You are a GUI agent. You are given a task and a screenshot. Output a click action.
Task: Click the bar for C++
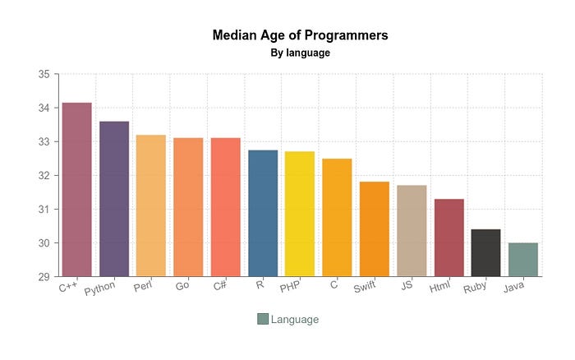click(x=76, y=190)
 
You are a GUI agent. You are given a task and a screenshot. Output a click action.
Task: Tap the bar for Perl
click(x=151, y=205)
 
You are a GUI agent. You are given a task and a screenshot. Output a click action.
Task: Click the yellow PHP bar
click(x=300, y=214)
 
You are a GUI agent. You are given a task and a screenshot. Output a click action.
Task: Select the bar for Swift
click(x=375, y=229)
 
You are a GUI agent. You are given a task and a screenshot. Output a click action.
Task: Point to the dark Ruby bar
click(x=486, y=253)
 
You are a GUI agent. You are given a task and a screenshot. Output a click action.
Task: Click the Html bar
click(x=449, y=238)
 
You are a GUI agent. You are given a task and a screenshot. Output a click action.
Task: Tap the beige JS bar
click(x=412, y=231)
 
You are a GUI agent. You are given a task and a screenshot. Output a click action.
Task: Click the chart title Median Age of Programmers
click(x=300, y=35)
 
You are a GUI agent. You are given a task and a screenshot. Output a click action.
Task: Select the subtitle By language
click(x=300, y=53)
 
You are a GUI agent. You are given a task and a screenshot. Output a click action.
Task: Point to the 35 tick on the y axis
click(x=44, y=74)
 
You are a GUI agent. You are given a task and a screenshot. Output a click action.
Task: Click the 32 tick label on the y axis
click(x=44, y=176)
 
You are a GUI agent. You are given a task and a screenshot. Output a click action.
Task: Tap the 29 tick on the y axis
click(x=44, y=277)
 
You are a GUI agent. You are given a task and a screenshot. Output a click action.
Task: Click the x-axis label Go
click(x=182, y=286)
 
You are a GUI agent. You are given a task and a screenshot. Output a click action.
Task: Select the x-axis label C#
click(x=220, y=286)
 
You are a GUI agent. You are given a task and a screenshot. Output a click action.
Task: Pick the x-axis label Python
click(x=99, y=289)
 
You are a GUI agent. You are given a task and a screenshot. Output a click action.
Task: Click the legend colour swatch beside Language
click(x=263, y=319)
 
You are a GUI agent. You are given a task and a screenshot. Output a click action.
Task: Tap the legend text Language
click(x=295, y=319)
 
